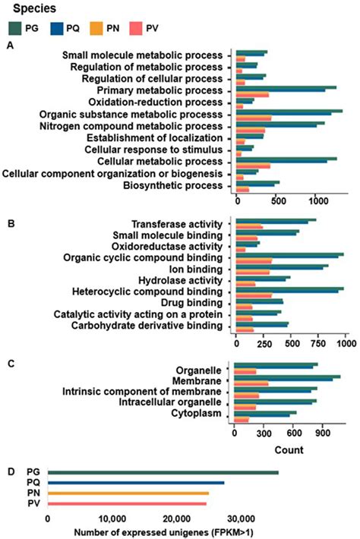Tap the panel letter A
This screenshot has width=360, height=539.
coord(9,46)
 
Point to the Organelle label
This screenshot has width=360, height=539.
coord(199,366)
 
